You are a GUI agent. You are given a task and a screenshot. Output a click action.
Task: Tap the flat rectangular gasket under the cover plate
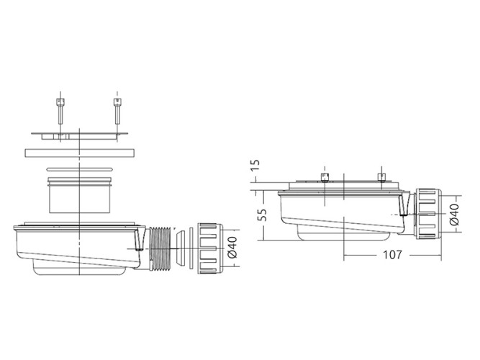tap(80, 153)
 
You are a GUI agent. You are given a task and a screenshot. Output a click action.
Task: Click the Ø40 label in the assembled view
tap(453, 215)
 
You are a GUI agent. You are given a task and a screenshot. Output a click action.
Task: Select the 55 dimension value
tap(262, 215)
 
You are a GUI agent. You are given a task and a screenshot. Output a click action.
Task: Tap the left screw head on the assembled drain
tap(325, 177)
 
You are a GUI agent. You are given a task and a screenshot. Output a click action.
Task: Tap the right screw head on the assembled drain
tap(381, 177)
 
